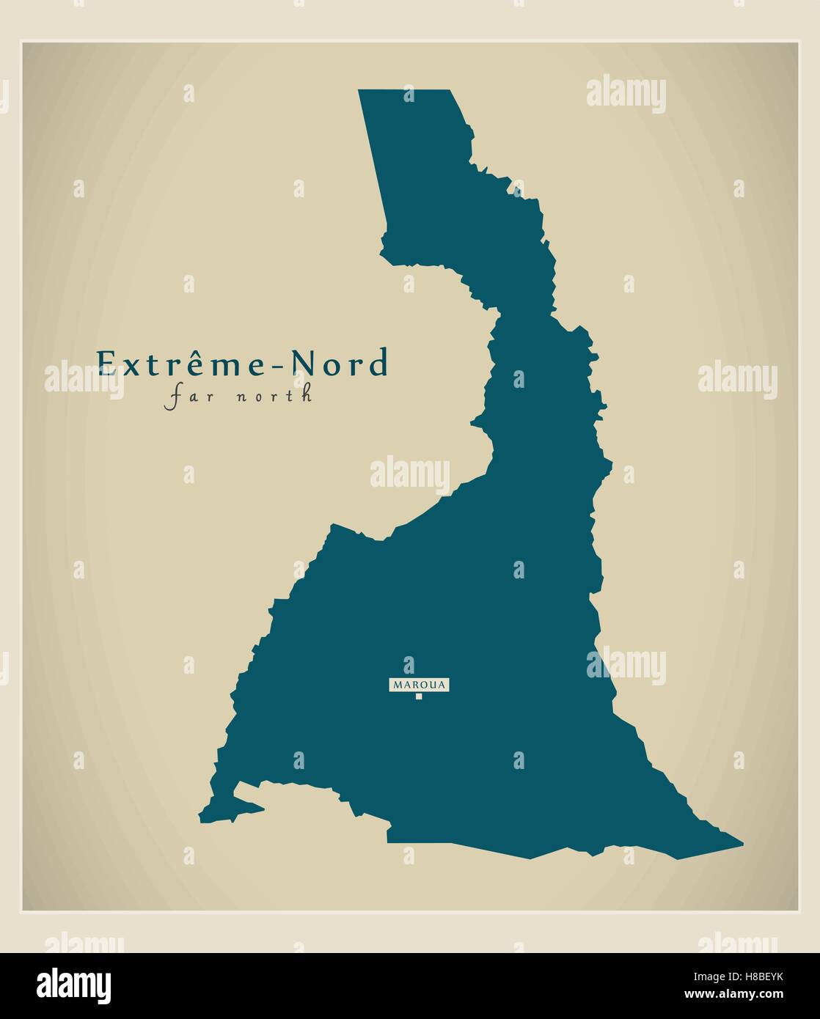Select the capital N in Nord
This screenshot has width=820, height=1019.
click(303, 364)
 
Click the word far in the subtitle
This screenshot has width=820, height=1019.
click(183, 397)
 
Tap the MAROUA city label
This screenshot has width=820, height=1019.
click(419, 685)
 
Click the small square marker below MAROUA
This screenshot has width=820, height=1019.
click(419, 696)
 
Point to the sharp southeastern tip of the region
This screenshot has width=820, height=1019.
click(742, 844)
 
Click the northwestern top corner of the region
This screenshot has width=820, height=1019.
click(359, 91)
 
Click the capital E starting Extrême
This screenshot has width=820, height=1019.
click(106, 364)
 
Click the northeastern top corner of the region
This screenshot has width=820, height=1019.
click(449, 91)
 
